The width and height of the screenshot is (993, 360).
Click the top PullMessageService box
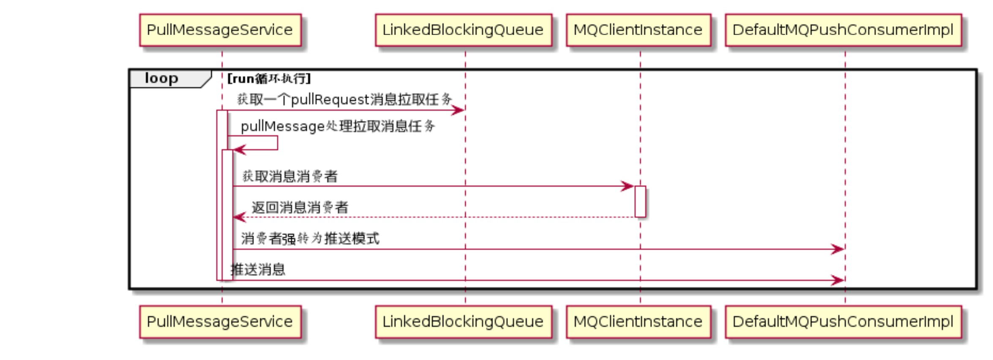[220, 30]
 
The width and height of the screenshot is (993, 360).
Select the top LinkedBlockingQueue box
[463, 30]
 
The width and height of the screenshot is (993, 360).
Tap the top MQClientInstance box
[638, 30]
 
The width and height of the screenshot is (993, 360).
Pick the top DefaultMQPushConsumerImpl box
[843, 30]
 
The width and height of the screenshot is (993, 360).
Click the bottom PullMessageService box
[220, 322]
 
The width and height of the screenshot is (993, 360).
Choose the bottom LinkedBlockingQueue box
[463, 322]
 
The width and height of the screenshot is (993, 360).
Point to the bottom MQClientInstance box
[638, 322]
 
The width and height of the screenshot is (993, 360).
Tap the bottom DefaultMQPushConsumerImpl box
[843, 322]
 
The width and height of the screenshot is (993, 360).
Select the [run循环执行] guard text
[269, 79]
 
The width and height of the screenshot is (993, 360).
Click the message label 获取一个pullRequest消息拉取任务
[344, 100]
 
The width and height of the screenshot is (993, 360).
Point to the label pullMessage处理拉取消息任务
[338, 126]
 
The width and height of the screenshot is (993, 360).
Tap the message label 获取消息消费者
[290, 176]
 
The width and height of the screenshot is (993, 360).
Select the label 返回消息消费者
[300, 207]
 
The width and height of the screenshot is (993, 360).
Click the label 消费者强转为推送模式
[310, 239]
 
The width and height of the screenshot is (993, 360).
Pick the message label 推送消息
[258, 270]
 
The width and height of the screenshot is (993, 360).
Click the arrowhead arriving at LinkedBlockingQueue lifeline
[458, 111]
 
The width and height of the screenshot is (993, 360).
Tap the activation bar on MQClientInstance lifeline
[640, 202]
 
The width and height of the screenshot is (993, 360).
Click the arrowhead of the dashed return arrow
[239, 217]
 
